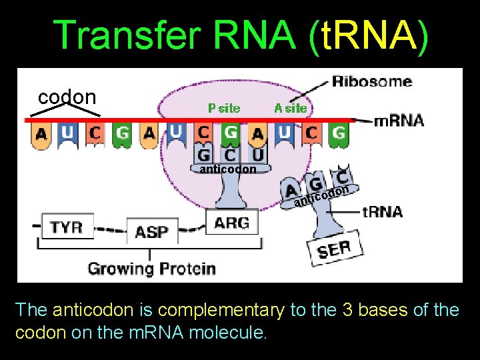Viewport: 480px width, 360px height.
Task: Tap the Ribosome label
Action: [x=372, y=81]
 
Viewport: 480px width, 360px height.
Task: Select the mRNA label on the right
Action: [x=399, y=120]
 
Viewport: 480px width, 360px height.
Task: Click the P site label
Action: [x=224, y=107]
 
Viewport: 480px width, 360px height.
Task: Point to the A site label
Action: [x=291, y=107]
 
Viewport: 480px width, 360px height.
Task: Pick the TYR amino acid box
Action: [x=67, y=226]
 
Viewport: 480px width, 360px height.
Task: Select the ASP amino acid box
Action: [x=151, y=232]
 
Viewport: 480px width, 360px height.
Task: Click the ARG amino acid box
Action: [x=232, y=222]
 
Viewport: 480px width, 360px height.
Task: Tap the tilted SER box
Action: [x=335, y=249]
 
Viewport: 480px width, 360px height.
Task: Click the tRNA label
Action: [x=382, y=212]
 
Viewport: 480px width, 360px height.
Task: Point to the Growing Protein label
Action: [x=151, y=269]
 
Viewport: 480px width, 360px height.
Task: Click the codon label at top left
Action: [x=67, y=97]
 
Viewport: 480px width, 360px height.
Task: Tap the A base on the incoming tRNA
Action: [x=291, y=187]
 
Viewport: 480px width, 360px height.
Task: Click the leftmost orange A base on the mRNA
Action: [x=41, y=135]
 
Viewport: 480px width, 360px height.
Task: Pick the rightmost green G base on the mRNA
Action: [x=339, y=133]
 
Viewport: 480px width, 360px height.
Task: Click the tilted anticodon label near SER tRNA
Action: [x=323, y=195]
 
